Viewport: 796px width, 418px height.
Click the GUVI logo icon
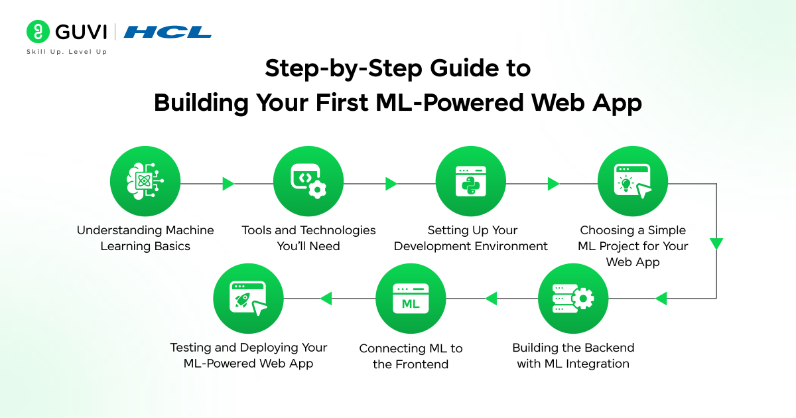click(x=38, y=32)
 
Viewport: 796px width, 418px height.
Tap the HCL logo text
click(x=167, y=32)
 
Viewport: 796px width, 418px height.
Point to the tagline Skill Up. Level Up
click(x=66, y=52)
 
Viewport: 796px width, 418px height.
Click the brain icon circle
click(x=145, y=182)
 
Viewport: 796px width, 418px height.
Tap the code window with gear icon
click(x=308, y=182)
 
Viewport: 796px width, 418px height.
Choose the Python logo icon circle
click(x=470, y=182)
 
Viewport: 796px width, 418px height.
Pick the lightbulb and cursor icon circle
click(x=633, y=182)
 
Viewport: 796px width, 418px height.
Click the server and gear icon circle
click(x=572, y=299)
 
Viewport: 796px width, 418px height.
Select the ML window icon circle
click(x=411, y=299)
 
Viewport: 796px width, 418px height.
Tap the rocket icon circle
click(x=248, y=299)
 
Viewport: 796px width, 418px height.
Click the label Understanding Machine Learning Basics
click(x=145, y=238)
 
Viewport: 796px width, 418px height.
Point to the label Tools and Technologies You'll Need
click(x=308, y=238)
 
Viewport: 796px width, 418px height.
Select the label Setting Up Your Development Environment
click(x=471, y=238)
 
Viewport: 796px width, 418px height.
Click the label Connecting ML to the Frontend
click(x=411, y=356)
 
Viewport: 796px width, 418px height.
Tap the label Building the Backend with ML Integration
click(x=573, y=356)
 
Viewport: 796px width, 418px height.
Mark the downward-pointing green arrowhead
click(x=716, y=244)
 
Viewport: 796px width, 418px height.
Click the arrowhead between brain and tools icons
click(x=228, y=184)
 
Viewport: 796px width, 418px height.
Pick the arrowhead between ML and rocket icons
click(x=326, y=299)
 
